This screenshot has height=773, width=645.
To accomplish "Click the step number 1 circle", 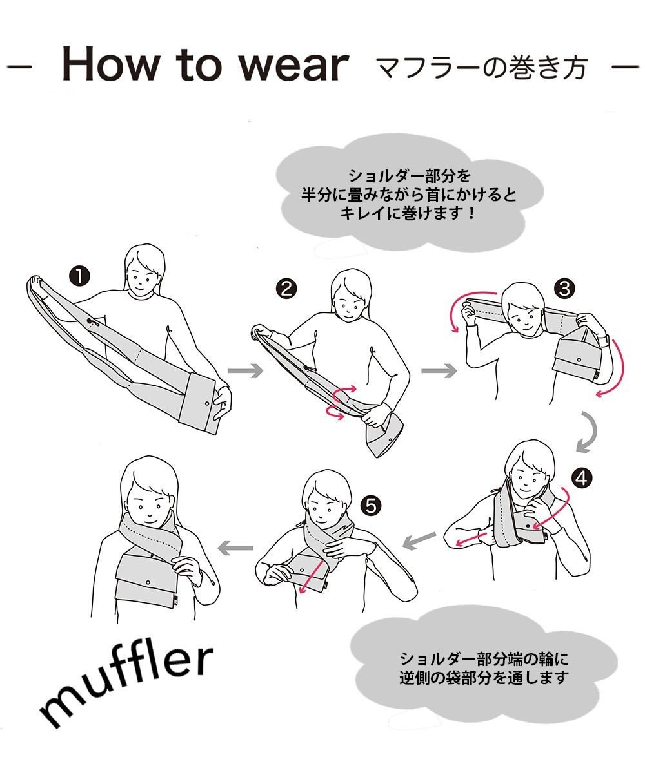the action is point(80,276).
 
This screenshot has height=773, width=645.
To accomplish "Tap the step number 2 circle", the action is point(286,289).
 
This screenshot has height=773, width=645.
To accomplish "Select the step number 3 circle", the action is point(564,289).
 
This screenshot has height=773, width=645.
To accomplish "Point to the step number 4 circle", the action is point(582,479).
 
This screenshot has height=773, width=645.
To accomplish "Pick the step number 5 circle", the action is point(371,506).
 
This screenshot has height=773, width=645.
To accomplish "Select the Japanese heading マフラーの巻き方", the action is point(482,68).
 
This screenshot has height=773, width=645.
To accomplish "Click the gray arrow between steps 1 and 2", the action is point(245,370).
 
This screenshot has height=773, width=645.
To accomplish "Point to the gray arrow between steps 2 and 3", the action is point(439,370).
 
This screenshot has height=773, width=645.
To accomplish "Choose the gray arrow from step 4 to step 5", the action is point(419,541).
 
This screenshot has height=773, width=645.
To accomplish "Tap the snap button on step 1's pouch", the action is point(206,403).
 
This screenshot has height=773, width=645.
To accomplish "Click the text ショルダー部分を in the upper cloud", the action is point(409,176).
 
